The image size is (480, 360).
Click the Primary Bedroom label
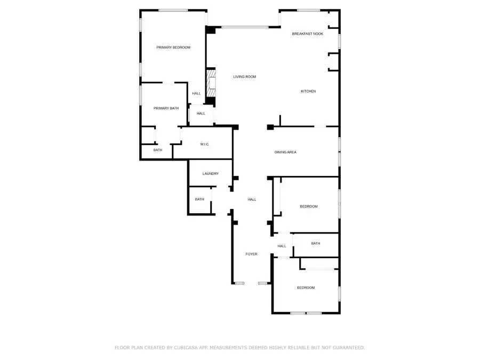pos(173,47)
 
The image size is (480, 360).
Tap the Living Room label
pos(244,77)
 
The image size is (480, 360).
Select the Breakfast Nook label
pos(308,34)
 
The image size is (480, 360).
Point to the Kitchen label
pos(308,91)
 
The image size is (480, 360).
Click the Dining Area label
pos(285,153)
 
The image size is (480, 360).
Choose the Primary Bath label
pos(166,108)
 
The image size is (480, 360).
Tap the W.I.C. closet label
pos(205,145)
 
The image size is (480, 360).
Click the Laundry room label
pos(211,173)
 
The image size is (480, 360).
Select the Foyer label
pos(251,254)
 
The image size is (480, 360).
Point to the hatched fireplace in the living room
pos(212,85)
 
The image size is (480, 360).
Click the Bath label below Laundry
pos(199,199)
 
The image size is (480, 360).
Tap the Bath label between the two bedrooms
pos(316,243)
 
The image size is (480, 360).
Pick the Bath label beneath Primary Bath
pos(158,150)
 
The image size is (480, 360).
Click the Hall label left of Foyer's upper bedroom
pos(252,199)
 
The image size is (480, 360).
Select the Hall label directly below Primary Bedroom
pos(196,93)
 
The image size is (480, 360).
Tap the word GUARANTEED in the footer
pos(346,347)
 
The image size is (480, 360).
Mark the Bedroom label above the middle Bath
pos(308,206)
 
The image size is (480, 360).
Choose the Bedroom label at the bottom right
pos(306,288)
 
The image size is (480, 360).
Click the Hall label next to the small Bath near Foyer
pos(282,246)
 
